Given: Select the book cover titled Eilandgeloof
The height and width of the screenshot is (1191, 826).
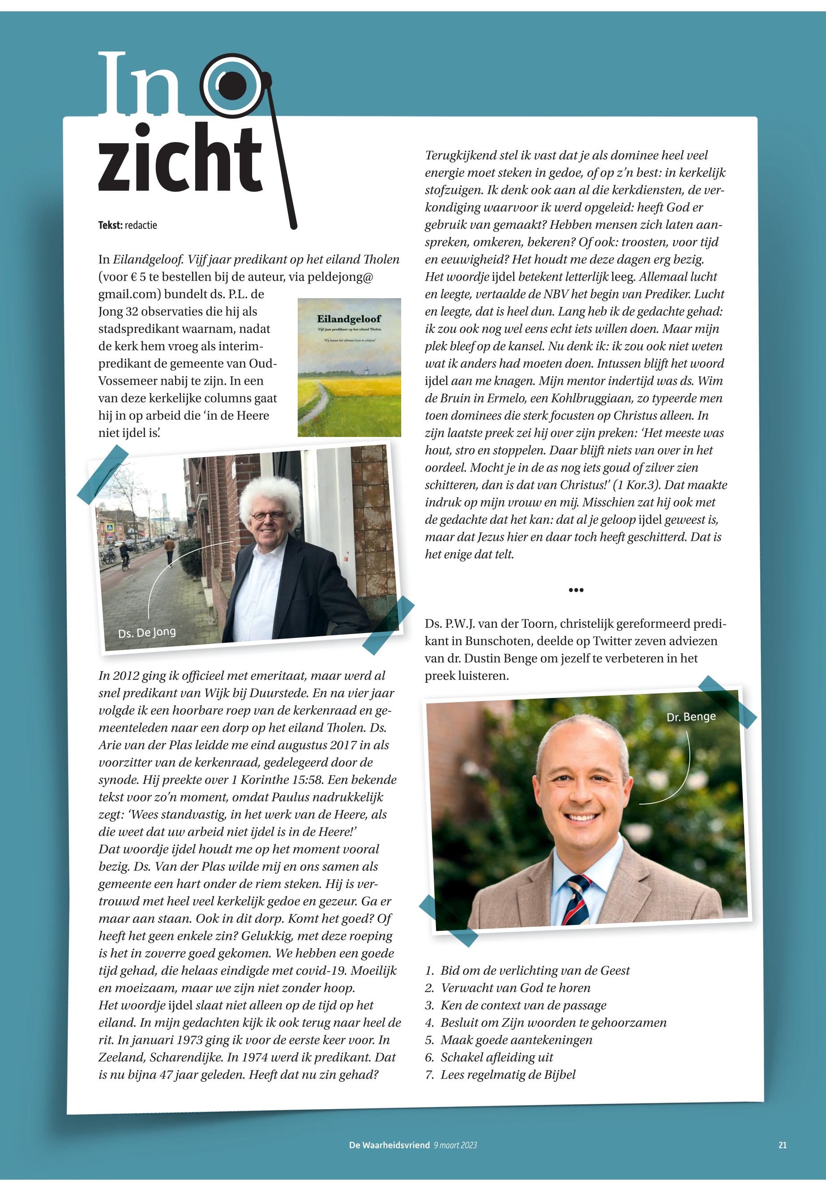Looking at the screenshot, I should pos(349,367).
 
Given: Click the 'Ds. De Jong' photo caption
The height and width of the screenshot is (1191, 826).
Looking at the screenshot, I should pos(146,632).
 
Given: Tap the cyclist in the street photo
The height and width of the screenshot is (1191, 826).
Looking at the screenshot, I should pos(124,557).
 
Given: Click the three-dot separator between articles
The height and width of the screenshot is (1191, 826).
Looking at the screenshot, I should pos(576,590).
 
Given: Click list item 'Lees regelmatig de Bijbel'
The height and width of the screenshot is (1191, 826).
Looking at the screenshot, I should pos(508,1075).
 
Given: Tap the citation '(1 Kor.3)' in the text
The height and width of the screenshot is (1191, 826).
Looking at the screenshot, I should pos(638,485).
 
